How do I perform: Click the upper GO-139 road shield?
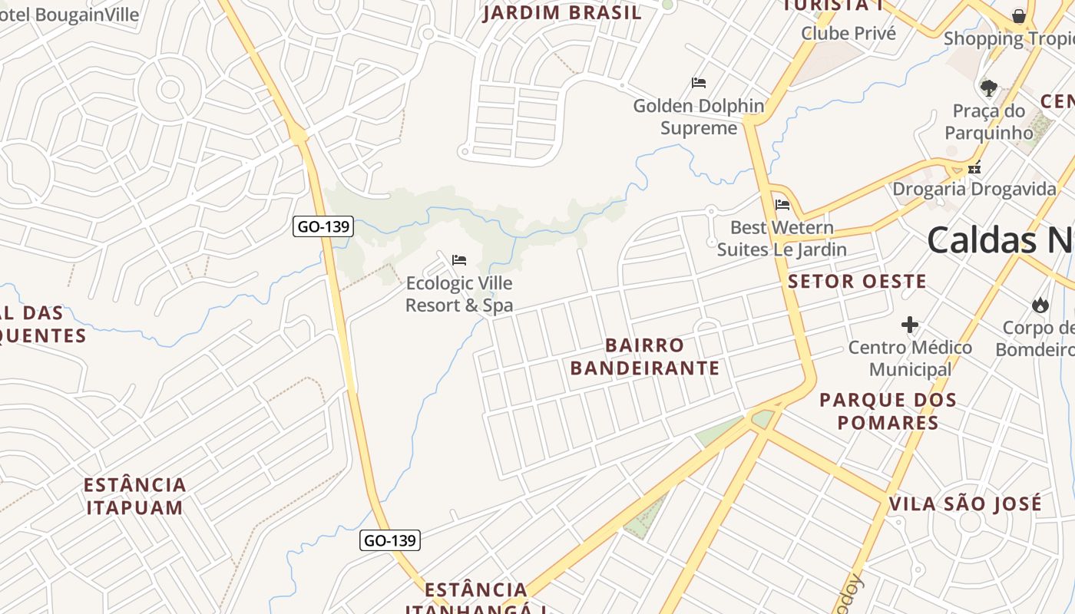coord(323,226)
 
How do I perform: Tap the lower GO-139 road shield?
coord(389,540)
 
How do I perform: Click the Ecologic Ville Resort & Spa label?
coord(459,294)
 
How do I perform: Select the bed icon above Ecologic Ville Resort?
coord(459,260)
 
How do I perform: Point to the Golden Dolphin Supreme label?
coord(699,117)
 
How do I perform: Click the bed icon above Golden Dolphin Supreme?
coord(699,83)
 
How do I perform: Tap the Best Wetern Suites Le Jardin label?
coord(782,238)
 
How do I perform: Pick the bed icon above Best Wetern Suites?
coord(782,205)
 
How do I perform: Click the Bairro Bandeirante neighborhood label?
coord(645,357)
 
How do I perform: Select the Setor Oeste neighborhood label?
coord(857,282)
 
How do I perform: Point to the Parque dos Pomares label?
coord(888,411)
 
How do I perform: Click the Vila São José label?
coord(965,504)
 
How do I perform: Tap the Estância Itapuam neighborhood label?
coord(135,496)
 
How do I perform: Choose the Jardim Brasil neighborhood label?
coord(562,13)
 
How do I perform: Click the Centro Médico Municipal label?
coord(910,358)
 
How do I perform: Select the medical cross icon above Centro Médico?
coord(910,325)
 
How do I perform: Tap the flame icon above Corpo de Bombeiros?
coord(1040,305)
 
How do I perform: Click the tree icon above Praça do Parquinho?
coord(989,87)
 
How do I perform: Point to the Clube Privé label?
coord(848,33)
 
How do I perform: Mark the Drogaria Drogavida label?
coord(974,189)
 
